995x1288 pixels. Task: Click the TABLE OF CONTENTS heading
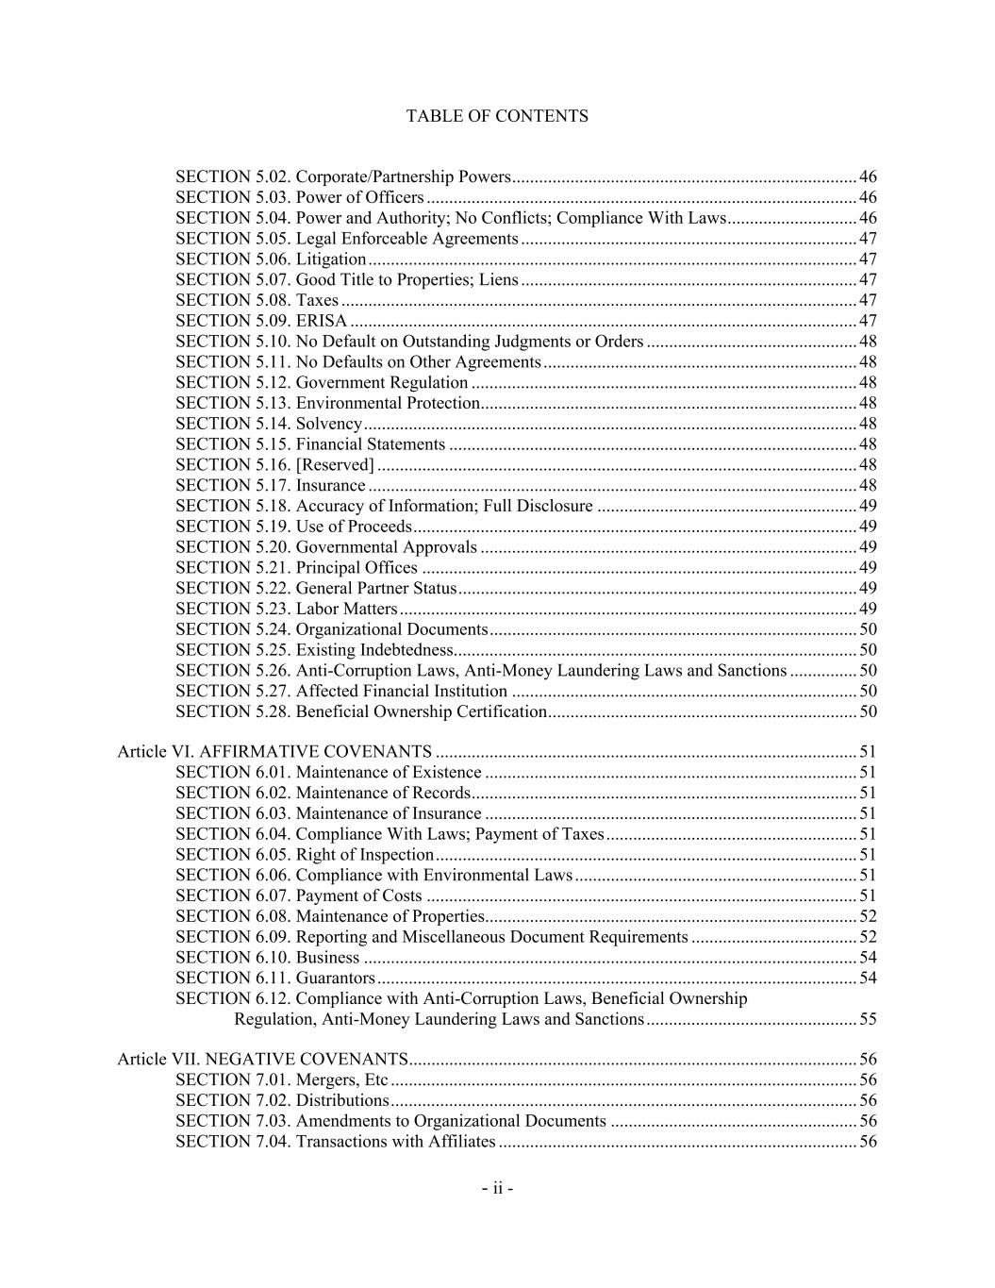point(497,116)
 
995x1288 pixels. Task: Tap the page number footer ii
point(497,1188)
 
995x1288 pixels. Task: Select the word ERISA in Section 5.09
point(322,321)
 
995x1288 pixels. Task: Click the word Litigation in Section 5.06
point(331,259)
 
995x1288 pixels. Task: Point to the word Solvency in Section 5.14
point(329,424)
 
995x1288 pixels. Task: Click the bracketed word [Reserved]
point(335,465)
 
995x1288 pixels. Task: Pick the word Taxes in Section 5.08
point(317,300)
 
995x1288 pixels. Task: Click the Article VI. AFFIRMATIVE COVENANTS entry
point(274,752)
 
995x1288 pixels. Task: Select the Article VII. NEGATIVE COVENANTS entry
point(262,1060)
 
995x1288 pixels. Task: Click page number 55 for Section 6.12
point(868,1019)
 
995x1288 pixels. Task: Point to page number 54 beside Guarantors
point(868,978)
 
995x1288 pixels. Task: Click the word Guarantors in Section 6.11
point(336,978)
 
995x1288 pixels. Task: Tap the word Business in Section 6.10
point(327,958)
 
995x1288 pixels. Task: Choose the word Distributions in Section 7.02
point(342,1101)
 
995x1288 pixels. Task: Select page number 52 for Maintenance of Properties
point(868,916)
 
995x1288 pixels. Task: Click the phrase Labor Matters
point(346,609)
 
